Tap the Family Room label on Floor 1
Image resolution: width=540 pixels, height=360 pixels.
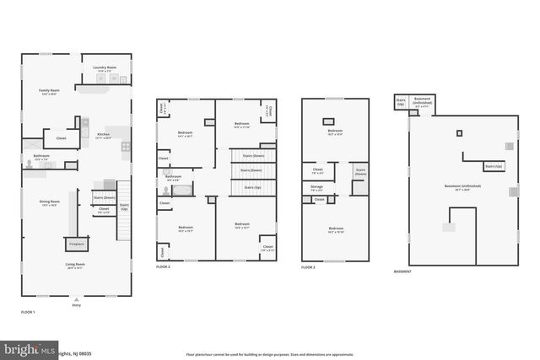coord(49,91)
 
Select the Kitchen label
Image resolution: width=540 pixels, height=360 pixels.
coord(103,135)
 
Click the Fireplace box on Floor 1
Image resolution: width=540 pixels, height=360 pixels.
coord(76,244)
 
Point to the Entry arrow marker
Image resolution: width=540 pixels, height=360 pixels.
coord(77,298)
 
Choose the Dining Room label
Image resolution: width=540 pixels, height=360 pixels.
coord(49,202)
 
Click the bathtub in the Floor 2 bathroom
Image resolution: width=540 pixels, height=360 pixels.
coord(181,190)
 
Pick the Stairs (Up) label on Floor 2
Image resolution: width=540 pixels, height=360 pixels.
coord(252,186)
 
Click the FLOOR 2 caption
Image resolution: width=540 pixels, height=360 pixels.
coord(163,266)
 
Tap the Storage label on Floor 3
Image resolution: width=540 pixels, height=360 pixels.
coord(316,188)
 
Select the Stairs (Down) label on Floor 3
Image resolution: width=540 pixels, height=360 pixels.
coord(360,171)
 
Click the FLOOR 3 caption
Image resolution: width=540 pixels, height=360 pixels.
coord(308,266)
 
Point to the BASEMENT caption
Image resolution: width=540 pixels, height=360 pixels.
coord(403,271)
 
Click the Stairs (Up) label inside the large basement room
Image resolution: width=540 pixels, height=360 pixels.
coord(494,167)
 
